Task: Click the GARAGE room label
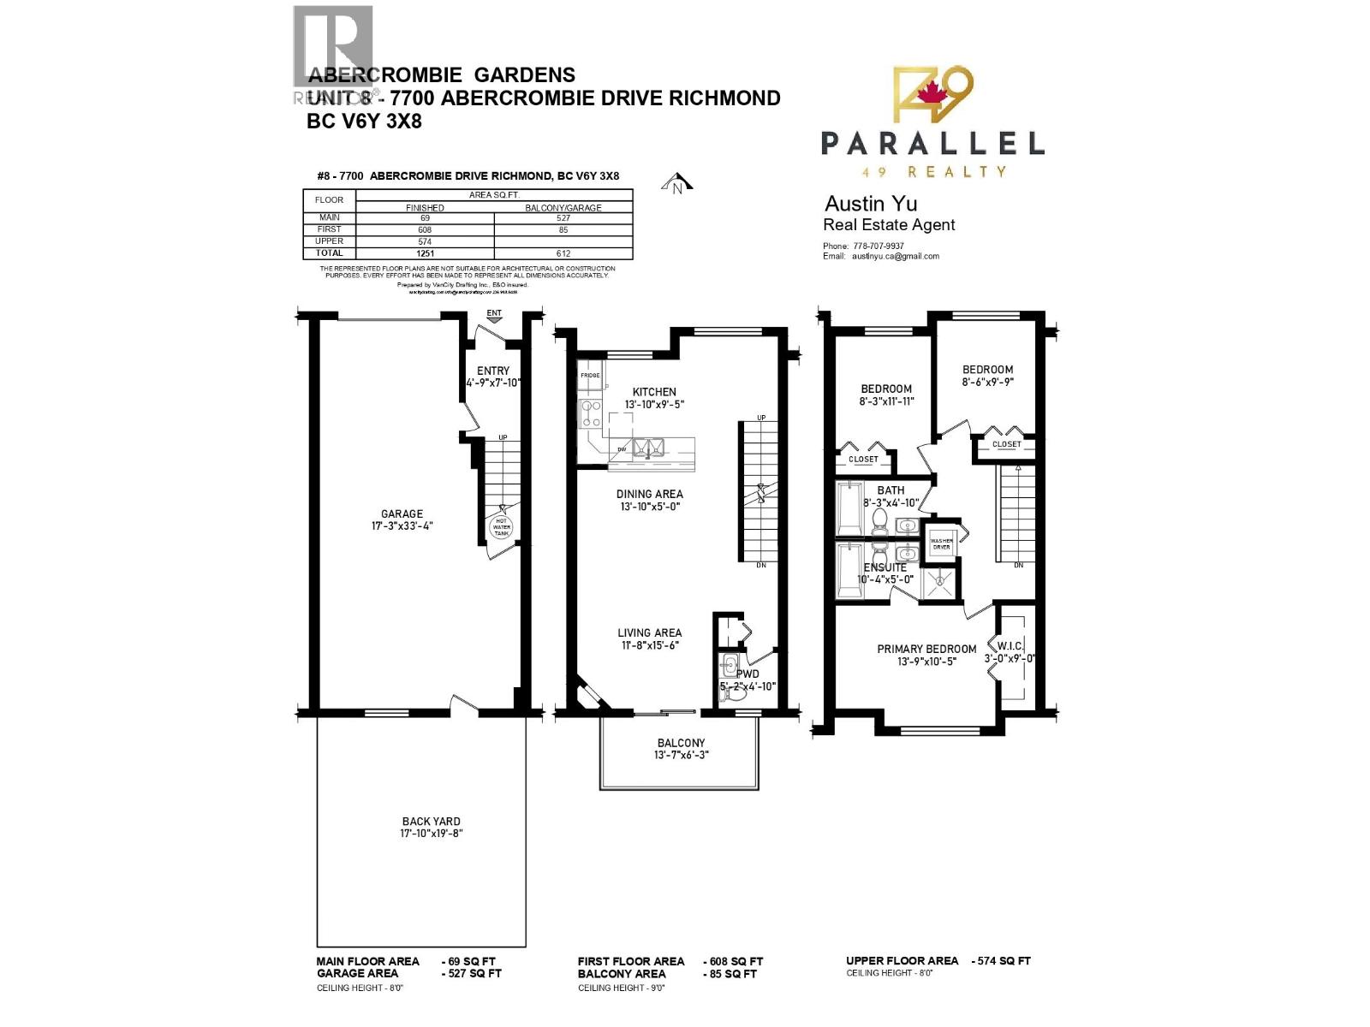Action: [x=402, y=514]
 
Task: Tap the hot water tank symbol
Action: [x=501, y=526]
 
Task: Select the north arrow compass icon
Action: [x=677, y=184]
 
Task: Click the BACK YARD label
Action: [x=431, y=822]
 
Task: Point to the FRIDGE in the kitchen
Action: [x=590, y=376]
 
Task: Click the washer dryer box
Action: [x=941, y=543]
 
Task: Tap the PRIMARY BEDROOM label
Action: [x=926, y=649]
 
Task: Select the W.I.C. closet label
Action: [x=1010, y=645]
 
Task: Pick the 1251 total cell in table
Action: [x=425, y=253]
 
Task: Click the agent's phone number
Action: [x=878, y=246]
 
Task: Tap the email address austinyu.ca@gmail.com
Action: [x=895, y=256]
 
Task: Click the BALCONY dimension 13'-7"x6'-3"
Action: [x=682, y=755]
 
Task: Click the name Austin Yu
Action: [x=870, y=204]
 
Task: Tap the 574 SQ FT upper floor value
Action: [x=1003, y=961]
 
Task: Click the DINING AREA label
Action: [x=650, y=494]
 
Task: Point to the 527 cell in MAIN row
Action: [x=563, y=218]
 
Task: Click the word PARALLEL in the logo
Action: [x=932, y=143]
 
